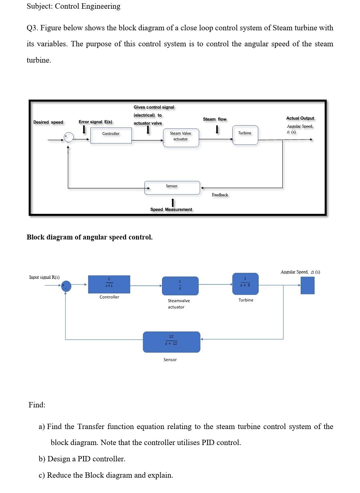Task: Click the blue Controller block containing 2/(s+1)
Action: pyautogui.click(x=109, y=284)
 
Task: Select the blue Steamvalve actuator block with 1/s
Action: pyautogui.click(x=180, y=285)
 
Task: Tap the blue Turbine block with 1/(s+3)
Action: pyautogui.click(x=245, y=283)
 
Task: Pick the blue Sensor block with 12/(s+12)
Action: pyautogui.click(x=171, y=342)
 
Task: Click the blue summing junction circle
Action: pyautogui.click(x=66, y=286)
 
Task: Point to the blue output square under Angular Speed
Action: pyautogui.click(x=307, y=285)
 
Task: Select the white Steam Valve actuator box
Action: pyautogui.click(x=181, y=138)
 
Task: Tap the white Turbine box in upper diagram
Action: pyautogui.click(x=245, y=135)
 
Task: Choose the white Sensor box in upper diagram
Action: pyautogui.click(x=172, y=188)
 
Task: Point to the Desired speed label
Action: pyautogui.click(x=48, y=122)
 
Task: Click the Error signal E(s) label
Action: pyautogui.click(x=95, y=122)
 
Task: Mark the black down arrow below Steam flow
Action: pyautogui.click(x=217, y=129)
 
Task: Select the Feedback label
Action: pyautogui.click(x=220, y=195)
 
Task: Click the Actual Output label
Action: pyautogui.click(x=300, y=118)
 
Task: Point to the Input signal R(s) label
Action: pyautogui.click(x=44, y=277)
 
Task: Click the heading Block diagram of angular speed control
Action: pyautogui.click(x=90, y=237)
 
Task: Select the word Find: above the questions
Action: pyautogui.click(x=37, y=405)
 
